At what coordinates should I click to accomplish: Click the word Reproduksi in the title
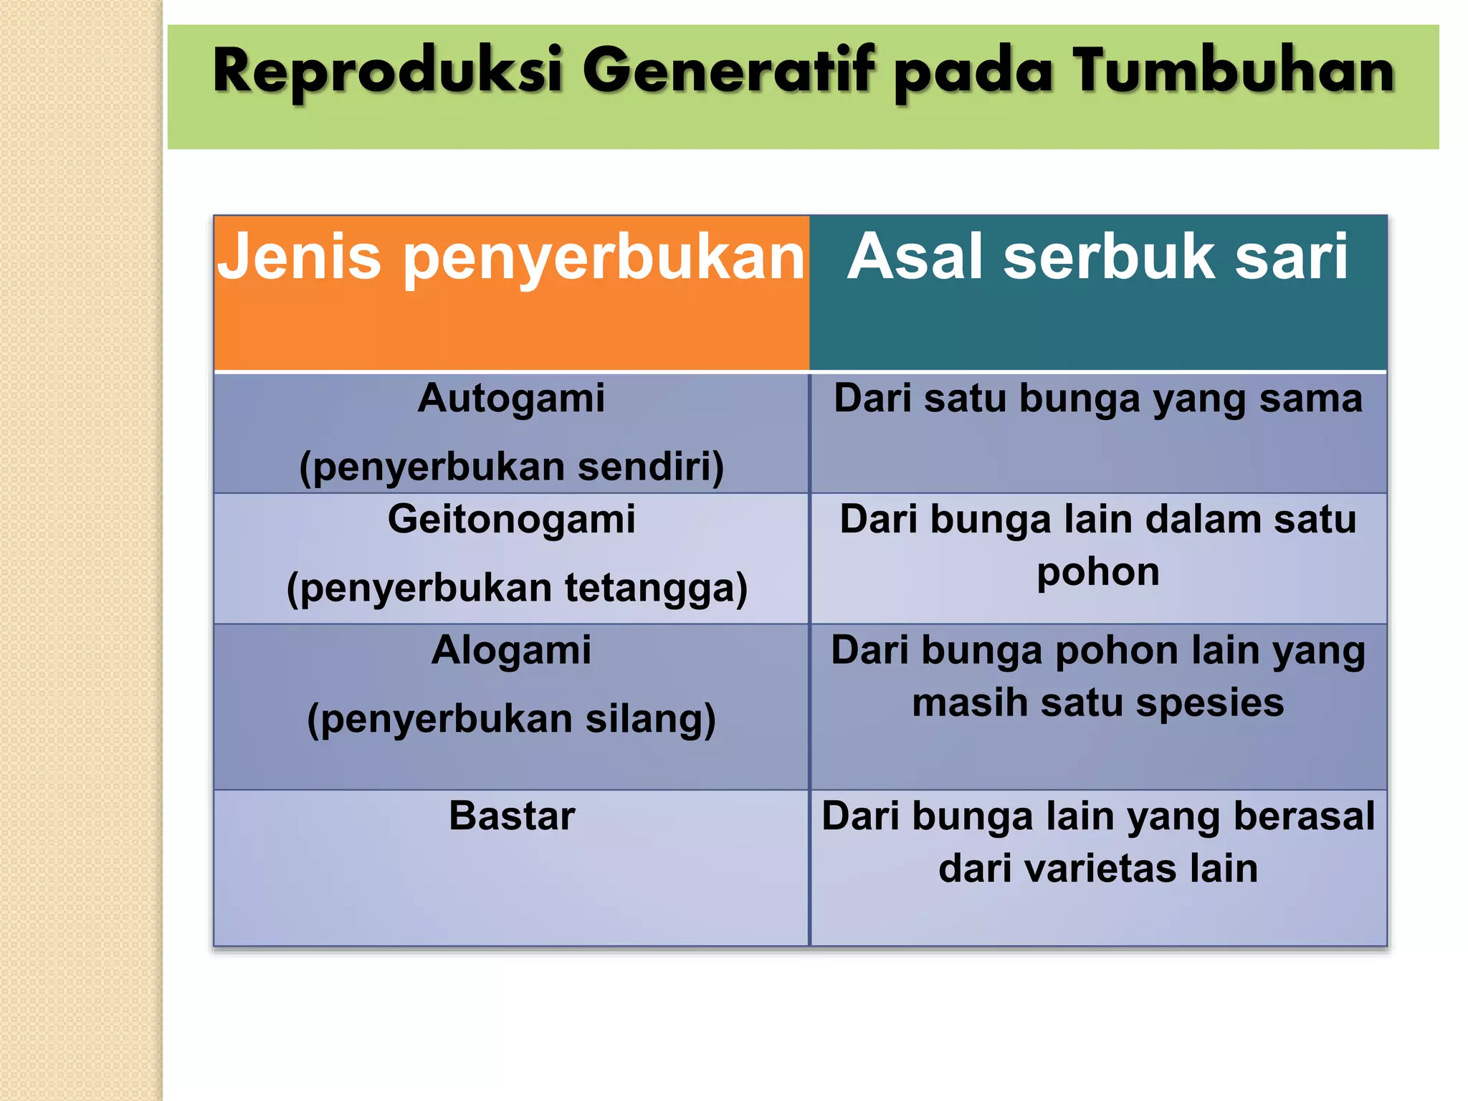(387, 71)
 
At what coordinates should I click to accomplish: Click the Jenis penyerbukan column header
(511, 257)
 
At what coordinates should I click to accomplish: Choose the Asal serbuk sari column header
(1097, 257)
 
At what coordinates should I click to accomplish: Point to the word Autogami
(511, 399)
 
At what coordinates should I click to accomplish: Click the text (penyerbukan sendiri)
(511, 467)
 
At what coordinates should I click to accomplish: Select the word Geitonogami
(511, 519)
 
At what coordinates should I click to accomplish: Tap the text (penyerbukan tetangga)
(516, 588)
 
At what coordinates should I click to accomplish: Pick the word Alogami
(511, 650)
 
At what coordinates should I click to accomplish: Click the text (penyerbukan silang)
(511, 719)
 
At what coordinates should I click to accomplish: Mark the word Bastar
(512, 816)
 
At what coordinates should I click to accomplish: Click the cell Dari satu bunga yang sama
(1097, 399)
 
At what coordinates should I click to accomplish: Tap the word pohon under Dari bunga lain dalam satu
(1097, 572)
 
